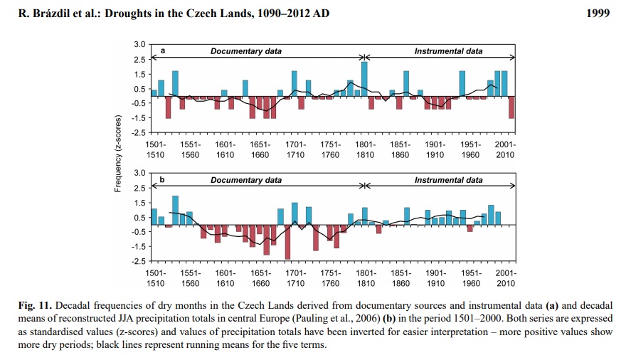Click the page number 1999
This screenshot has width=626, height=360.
pos(598,14)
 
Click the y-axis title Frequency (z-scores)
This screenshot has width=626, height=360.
pos(117,154)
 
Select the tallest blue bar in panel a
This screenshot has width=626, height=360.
pos(364,79)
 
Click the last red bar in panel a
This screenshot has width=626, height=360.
pos(511,107)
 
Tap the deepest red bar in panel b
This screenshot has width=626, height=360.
pos(287,243)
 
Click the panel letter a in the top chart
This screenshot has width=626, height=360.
pos(163,51)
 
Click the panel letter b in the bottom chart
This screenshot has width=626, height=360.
pos(162,179)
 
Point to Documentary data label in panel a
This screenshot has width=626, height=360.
pos(246,51)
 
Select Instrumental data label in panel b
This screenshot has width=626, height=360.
pos(448,180)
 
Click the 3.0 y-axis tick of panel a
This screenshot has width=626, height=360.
pos(139,44)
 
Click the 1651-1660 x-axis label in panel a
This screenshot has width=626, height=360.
pos(260,149)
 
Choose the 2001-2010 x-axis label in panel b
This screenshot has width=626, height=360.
pos(506,278)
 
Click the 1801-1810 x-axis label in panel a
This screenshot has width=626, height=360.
pos(366,149)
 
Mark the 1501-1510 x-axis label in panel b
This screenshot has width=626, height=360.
pos(155,278)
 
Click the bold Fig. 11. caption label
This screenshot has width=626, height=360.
pos(35,306)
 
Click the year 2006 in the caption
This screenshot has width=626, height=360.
pos(370,319)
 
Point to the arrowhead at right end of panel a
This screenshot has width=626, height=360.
pos(513,58)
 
